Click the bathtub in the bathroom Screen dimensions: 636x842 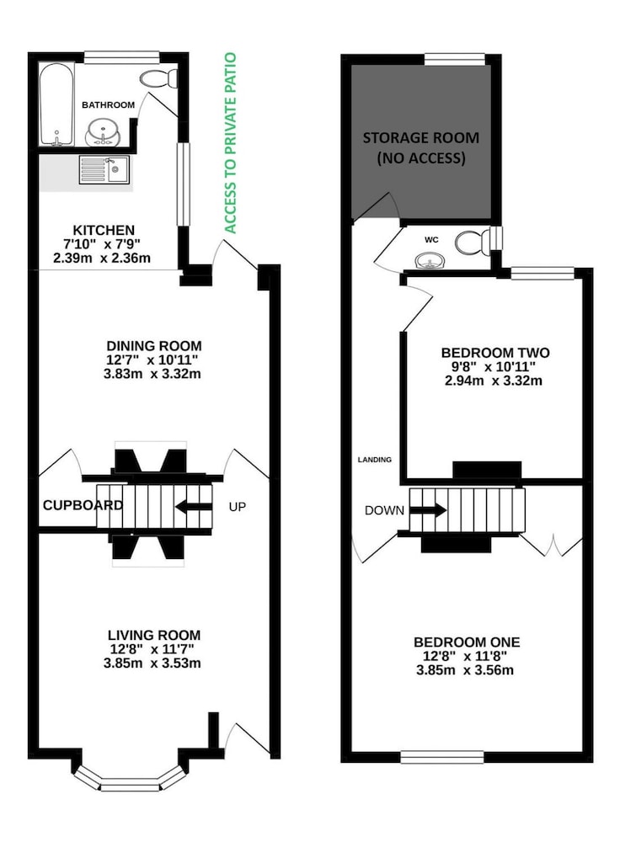tap(56, 104)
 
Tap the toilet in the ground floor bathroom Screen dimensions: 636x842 tap(159, 79)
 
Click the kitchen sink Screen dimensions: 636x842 tap(104, 170)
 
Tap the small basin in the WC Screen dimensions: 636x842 tap(431, 262)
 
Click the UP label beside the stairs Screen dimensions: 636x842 tap(237, 506)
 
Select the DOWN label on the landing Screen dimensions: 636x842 tap(384, 510)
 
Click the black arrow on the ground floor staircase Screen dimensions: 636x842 tap(194, 506)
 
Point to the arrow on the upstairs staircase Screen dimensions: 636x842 tap(429, 509)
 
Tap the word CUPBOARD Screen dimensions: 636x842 tap(83, 505)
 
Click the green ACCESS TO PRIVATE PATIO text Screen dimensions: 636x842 tap(231, 143)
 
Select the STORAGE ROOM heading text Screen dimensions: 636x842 tap(420, 138)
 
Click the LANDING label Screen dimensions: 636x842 tap(375, 460)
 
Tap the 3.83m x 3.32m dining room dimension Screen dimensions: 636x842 tap(152, 374)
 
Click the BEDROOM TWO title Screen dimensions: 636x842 tap(495, 353)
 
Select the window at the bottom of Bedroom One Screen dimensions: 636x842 tap(442, 757)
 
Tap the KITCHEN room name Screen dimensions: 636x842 tap(104, 231)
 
